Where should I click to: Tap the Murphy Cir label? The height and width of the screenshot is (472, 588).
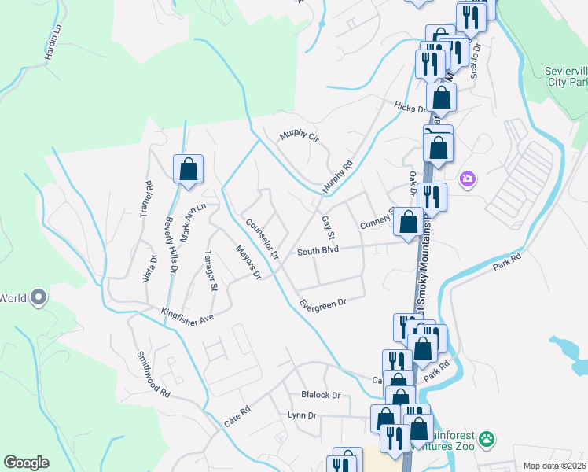coord(300,138)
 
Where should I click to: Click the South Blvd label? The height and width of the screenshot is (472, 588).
coord(318,251)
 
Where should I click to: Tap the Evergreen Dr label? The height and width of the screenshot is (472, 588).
coord(322,304)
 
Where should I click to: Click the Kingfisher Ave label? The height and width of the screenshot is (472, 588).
coord(187,315)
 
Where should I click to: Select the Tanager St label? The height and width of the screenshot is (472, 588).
coord(210,271)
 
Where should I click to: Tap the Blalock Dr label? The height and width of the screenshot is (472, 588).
coord(321,395)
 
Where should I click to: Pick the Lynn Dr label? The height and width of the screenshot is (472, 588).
coord(302,415)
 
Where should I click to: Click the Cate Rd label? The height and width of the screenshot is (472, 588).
coord(236,416)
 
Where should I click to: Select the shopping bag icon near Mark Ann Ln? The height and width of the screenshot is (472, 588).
coord(189,169)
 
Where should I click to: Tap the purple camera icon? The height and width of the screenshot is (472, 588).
coord(468,179)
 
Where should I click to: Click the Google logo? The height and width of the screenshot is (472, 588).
coord(26,463)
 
